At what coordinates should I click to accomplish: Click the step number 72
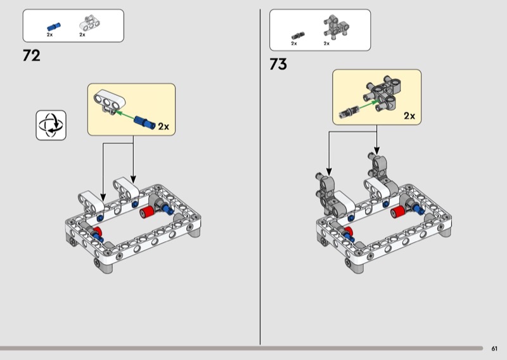[32, 56]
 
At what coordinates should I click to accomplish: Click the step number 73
[278, 64]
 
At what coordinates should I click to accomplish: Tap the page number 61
[494, 349]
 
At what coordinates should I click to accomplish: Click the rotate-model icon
[51, 125]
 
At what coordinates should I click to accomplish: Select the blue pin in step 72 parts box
[54, 27]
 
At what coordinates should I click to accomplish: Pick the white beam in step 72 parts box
[90, 23]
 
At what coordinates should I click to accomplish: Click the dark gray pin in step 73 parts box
[298, 35]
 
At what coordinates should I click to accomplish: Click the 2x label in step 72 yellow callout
[164, 127]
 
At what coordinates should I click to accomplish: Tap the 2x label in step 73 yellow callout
[409, 115]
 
